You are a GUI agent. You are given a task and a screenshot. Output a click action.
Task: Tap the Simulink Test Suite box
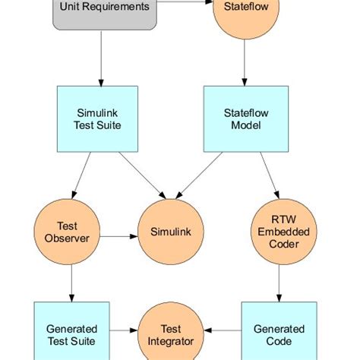(x=98, y=118)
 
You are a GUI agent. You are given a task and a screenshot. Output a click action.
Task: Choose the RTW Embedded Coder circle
(x=279, y=232)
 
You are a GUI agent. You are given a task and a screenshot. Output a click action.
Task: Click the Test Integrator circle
(x=171, y=335)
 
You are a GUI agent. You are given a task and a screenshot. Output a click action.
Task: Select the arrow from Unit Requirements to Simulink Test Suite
(x=101, y=58)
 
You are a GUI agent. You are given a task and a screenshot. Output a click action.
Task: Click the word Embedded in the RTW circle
(x=279, y=232)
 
